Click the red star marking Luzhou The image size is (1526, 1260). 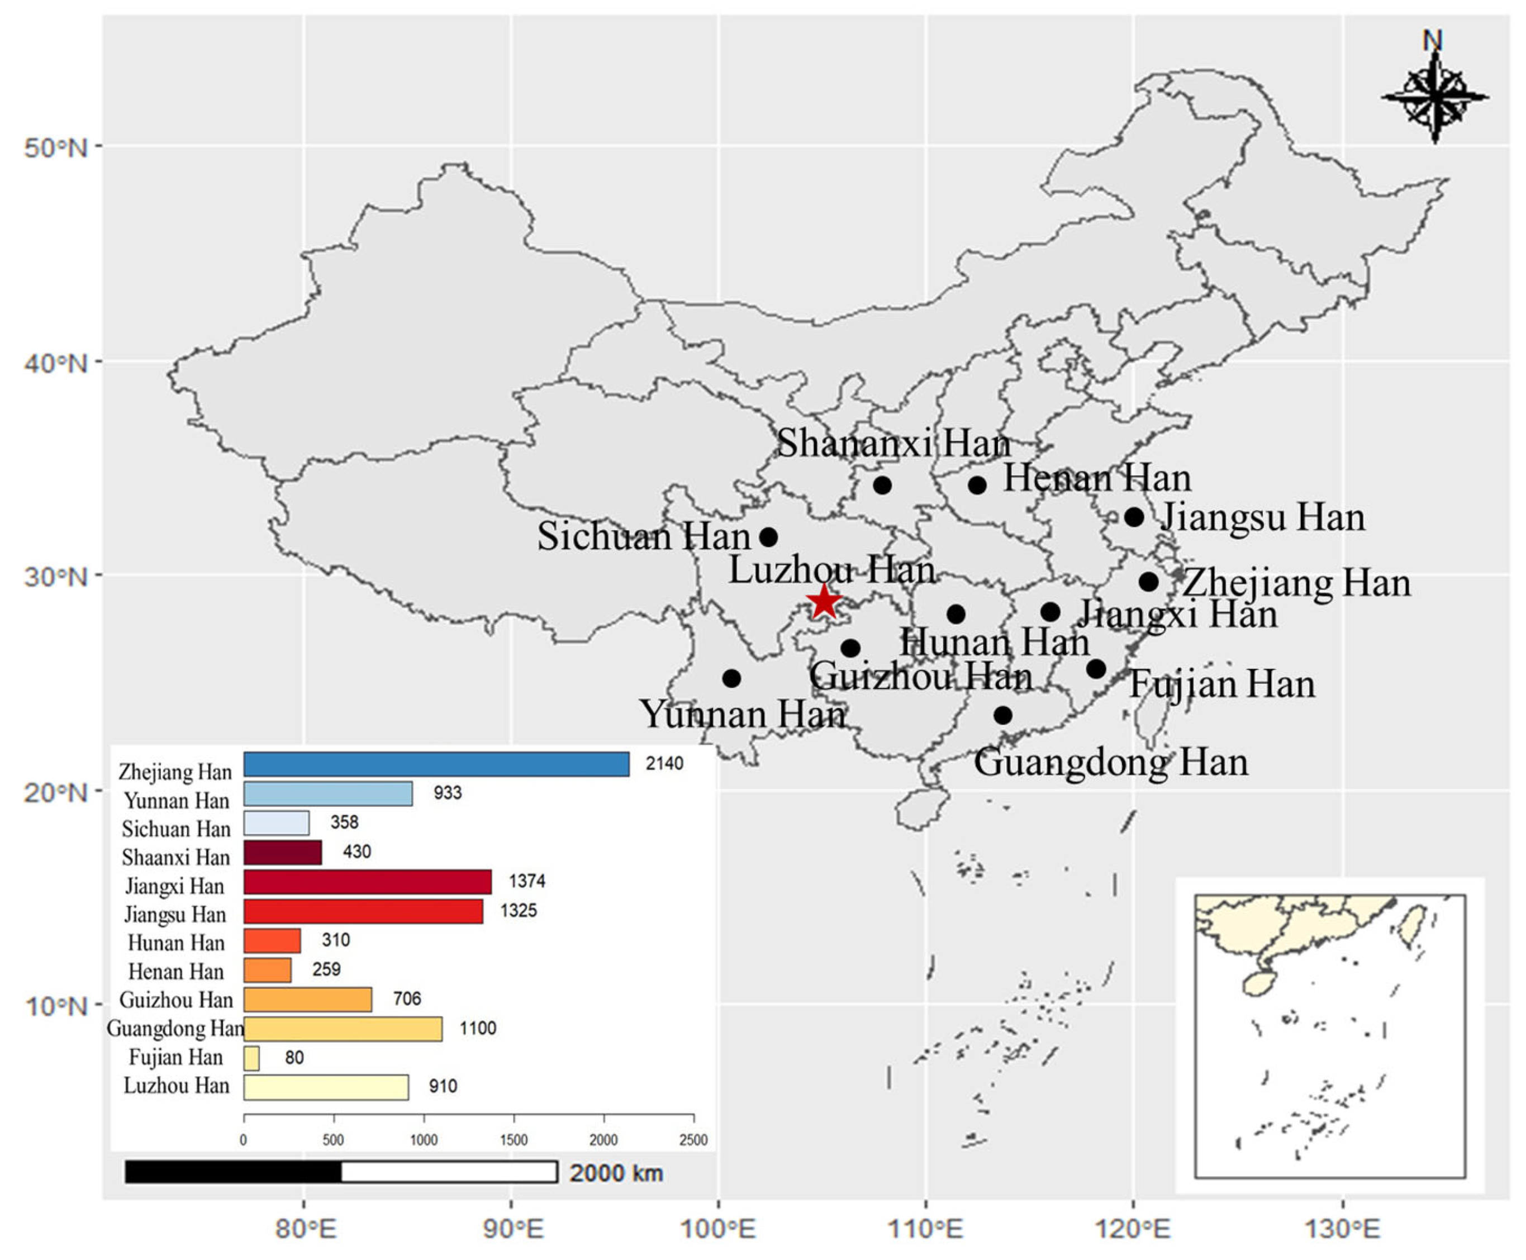[x=824, y=601]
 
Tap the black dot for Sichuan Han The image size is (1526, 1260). [x=768, y=537]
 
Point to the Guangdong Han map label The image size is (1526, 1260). [x=1111, y=763]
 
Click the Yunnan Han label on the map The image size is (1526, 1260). [x=742, y=715]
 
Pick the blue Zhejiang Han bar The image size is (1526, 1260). [x=436, y=764]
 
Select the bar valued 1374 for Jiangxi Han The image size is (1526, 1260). [x=367, y=882]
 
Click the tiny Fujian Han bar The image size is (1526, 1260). [x=251, y=1058]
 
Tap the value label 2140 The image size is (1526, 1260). [x=664, y=764]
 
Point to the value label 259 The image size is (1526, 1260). [x=326, y=969]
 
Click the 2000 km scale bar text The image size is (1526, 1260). [x=616, y=1173]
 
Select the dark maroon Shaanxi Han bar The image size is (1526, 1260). [x=282, y=853]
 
